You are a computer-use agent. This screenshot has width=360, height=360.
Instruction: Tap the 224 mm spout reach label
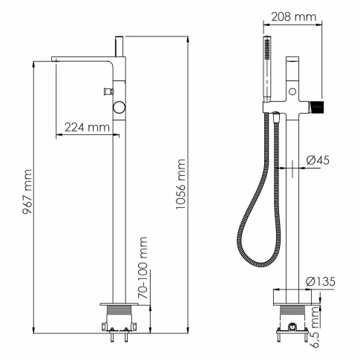[x=84, y=128]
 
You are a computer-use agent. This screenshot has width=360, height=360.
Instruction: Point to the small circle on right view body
[x=294, y=93]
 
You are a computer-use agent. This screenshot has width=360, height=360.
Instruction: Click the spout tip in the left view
[x=56, y=59]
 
